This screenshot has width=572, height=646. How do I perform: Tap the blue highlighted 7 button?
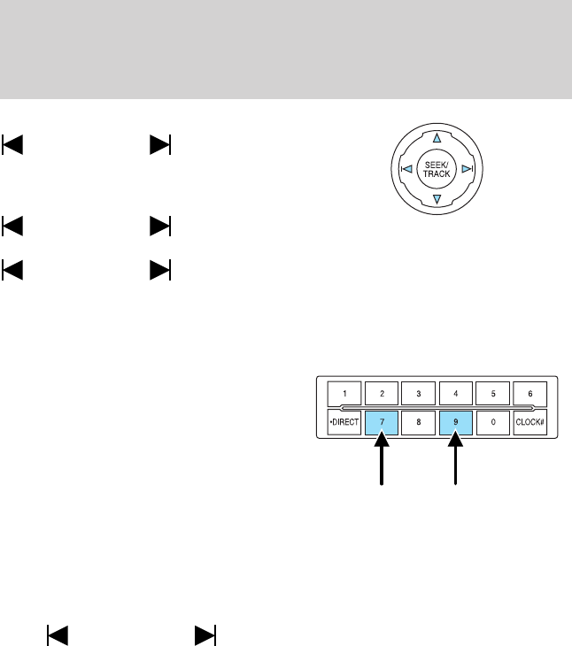coord(383,423)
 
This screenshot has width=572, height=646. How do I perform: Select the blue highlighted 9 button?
coord(456,423)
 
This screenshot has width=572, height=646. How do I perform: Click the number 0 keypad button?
coord(492,423)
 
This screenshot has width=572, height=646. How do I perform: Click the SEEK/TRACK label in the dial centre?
coord(437,170)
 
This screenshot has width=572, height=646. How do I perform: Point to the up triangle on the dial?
coord(437,138)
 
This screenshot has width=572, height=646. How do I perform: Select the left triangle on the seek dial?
coord(404,170)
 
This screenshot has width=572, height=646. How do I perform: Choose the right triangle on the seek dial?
coord(469,170)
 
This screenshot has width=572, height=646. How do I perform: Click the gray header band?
coord(286,49)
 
